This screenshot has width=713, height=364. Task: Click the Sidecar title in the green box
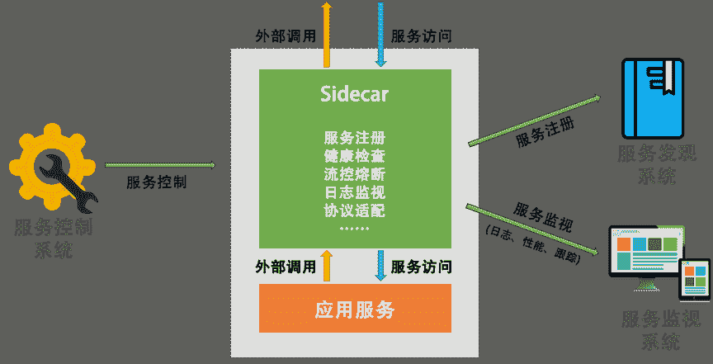355,94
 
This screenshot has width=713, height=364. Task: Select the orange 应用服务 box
355,310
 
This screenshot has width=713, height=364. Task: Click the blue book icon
654,98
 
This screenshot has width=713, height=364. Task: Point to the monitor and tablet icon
658,263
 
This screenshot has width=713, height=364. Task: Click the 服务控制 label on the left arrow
156,182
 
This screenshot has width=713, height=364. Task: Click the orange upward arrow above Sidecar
327,33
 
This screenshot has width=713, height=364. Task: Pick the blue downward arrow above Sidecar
381,33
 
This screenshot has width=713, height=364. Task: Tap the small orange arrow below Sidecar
327,266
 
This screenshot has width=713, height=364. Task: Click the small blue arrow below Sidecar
380,266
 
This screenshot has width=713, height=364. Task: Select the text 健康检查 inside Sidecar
355,156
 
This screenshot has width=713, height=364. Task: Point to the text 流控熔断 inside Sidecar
355,174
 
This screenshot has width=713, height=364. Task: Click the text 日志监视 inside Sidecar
355,192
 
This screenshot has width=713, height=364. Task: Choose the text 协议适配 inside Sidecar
355,210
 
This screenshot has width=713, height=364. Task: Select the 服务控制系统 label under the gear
54,237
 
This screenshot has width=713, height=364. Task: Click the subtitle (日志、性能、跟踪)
533,243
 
